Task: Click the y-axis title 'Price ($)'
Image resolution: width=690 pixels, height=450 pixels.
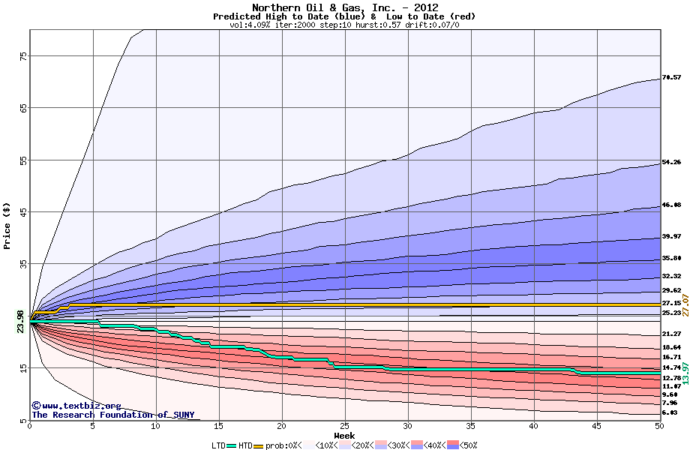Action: [7, 226]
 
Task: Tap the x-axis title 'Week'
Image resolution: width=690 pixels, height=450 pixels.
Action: [344, 435]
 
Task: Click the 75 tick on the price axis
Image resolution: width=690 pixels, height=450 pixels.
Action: [22, 56]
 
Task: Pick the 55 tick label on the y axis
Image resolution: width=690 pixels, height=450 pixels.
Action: [22, 160]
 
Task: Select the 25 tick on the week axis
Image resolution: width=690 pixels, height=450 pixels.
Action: [344, 426]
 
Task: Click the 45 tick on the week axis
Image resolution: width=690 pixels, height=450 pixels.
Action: [596, 426]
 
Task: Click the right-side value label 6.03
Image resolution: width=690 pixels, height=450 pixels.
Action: [670, 412]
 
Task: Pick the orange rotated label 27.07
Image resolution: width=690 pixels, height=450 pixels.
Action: [684, 305]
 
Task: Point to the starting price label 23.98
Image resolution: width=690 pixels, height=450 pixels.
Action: [21, 320]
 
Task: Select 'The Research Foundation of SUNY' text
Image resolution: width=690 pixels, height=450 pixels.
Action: [112, 415]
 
